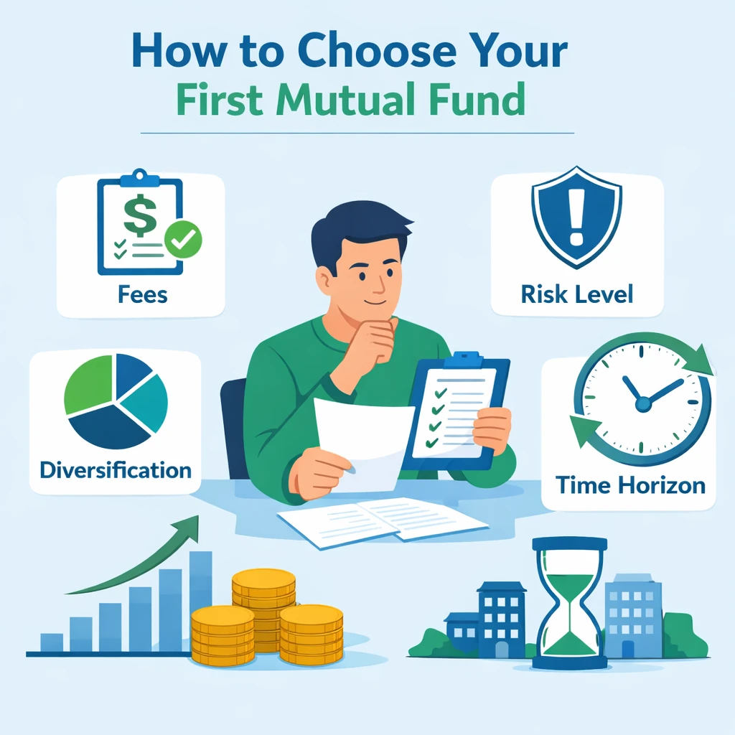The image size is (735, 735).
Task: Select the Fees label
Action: click(x=143, y=295)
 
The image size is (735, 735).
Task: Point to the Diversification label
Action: click(x=116, y=471)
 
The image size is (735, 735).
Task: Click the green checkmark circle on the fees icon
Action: click(x=183, y=240)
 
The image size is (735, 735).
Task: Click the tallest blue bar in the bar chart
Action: click(x=200, y=600)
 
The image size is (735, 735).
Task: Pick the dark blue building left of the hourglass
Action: click(x=500, y=617)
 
